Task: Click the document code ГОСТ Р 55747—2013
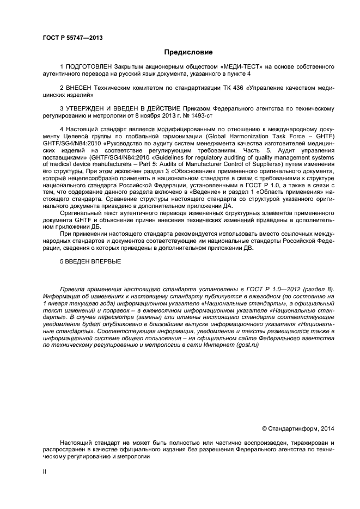pyautogui.click(x=72, y=38)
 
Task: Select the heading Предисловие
pyautogui.click(x=188, y=53)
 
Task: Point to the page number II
pyautogui.click(x=45, y=471)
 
